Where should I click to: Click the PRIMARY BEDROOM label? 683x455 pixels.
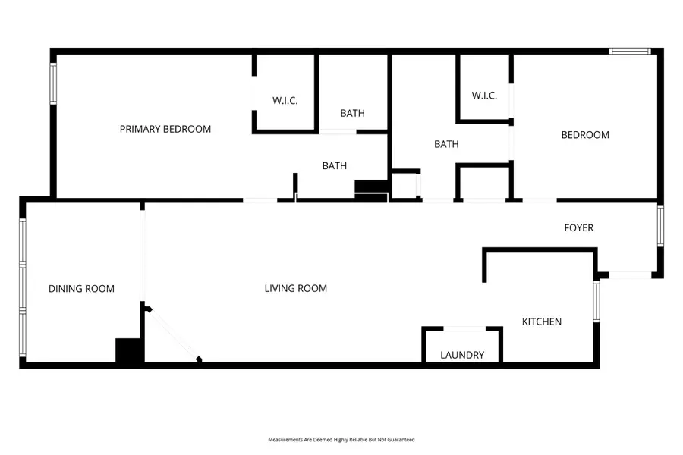165,129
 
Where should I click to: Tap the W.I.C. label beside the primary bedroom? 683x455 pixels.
285,100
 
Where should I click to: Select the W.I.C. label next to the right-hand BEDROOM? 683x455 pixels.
484,96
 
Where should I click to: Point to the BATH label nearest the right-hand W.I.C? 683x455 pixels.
446,144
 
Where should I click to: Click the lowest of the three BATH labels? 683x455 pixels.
335,165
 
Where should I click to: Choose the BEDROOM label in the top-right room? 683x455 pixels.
585,135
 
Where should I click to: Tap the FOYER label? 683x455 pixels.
578,227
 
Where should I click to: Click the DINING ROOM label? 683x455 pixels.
81,288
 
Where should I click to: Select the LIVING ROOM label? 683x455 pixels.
296,288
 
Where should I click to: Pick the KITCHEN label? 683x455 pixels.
542,322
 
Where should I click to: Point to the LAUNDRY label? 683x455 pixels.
462,355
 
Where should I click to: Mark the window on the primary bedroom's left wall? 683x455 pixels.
53,83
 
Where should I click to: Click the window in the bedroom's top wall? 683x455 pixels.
631,52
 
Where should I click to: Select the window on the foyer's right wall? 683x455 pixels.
660,225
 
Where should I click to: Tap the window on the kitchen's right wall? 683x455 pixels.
596,301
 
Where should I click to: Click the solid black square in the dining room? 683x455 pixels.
129,351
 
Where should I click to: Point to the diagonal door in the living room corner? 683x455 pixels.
174,334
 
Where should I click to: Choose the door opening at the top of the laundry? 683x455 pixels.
463,328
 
